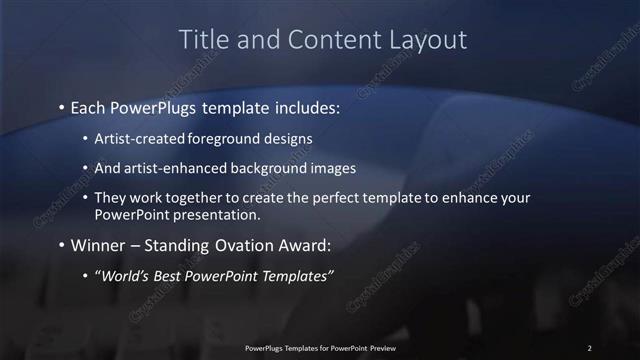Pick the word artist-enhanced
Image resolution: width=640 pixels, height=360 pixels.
tap(174, 168)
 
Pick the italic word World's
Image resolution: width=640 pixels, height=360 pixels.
tap(124, 275)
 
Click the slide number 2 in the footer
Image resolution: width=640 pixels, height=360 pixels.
tap(589, 348)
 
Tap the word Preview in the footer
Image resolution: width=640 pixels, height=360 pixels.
tap(380, 348)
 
